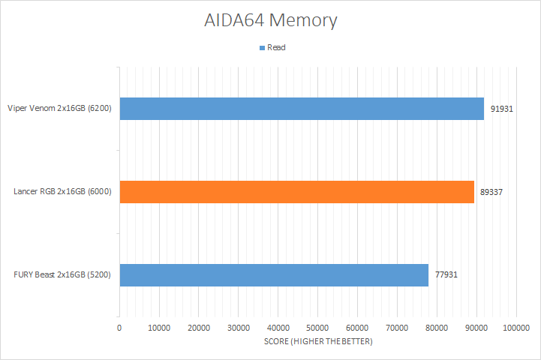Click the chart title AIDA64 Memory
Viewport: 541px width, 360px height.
point(270,20)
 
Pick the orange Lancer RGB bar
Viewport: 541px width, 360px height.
point(296,192)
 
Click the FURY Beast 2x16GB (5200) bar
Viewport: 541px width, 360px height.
point(274,274)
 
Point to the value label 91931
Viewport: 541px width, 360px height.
point(502,109)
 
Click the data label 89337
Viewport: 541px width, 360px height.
point(491,192)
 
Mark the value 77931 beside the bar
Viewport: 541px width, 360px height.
point(446,274)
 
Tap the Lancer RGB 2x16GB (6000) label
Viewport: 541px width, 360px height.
point(62,192)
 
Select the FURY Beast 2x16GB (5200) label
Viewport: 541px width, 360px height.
point(62,274)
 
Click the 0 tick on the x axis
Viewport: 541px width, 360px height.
point(119,328)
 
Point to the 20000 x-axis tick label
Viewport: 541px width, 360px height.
point(199,328)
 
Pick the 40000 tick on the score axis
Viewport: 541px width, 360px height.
point(278,328)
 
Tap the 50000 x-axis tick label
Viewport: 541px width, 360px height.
point(317,328)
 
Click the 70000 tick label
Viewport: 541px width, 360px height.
point(397,328)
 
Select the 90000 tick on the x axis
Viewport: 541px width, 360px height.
point(476,328)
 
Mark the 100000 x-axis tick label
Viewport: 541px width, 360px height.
point(515,328)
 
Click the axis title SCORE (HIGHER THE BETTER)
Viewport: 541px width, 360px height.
point(317,341)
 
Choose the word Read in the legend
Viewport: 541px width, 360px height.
point(276,47)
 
